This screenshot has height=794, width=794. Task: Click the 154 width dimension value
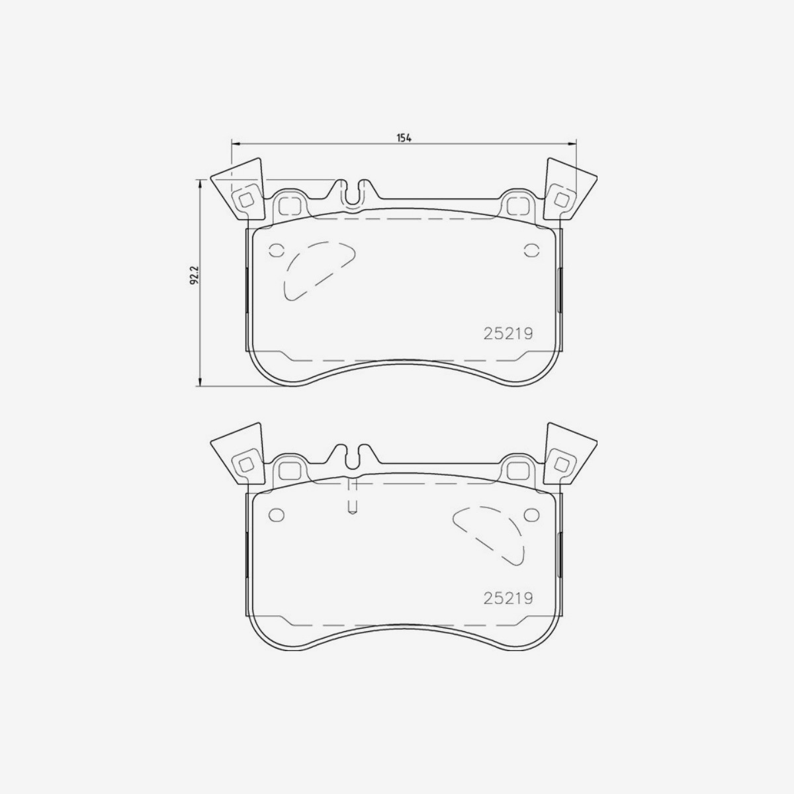click(x=404, y=138)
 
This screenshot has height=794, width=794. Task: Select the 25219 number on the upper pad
click(x=508, y=334)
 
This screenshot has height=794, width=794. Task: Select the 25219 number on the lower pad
click(x=508, y=598)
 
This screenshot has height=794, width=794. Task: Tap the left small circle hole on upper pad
click(x=276, y=250)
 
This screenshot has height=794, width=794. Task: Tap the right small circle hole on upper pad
click(x=531, y=250)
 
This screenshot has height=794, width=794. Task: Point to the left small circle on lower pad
click(x=276, y=515)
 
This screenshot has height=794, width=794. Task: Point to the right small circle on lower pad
click(x=531, y=515)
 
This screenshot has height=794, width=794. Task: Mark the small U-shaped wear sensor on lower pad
click(x=353, y=506)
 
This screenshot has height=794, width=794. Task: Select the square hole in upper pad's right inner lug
click(x=517, y=206)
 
